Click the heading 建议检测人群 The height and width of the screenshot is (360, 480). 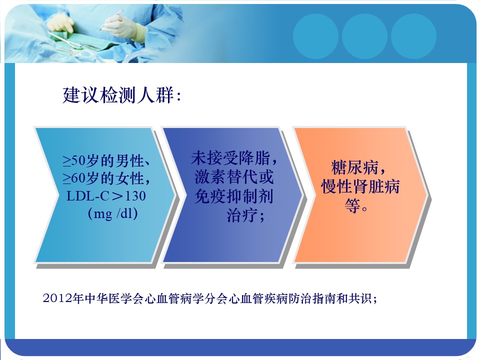coord(118,95)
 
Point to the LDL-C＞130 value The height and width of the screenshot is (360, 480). coord(106,196)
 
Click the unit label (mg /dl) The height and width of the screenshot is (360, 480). coord(112,213)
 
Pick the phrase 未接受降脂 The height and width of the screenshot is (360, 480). coord(231,158)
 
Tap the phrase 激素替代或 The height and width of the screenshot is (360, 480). coord(234,177)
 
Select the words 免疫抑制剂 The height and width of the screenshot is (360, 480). coord(234,196)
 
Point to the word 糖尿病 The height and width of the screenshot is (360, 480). coord(355,167)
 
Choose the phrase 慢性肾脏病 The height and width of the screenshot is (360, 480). coord(360,186)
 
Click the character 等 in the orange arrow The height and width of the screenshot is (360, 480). coord(352,205)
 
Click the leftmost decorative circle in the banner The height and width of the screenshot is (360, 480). coord(315,36)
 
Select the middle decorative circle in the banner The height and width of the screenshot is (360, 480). coord(364,36)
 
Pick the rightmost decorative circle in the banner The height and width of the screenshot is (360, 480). coord(413,36)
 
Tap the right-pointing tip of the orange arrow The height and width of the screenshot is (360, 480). coord(428,195)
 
